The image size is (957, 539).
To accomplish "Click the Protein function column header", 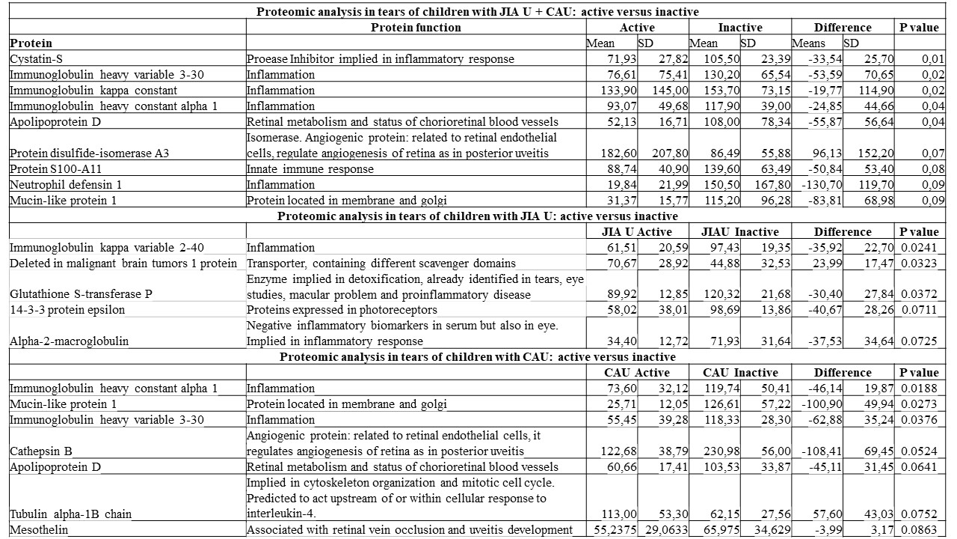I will pos(416,28).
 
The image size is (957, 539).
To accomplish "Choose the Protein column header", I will pos(31,43).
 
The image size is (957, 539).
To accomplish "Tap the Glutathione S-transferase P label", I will pos(81,294).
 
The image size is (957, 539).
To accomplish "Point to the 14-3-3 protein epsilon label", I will pos(67,310).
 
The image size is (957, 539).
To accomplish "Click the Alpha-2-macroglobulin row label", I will pos(69,341).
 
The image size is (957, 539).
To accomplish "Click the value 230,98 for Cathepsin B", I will pos(720,451).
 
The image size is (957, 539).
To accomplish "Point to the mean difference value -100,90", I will pos(822,404).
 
